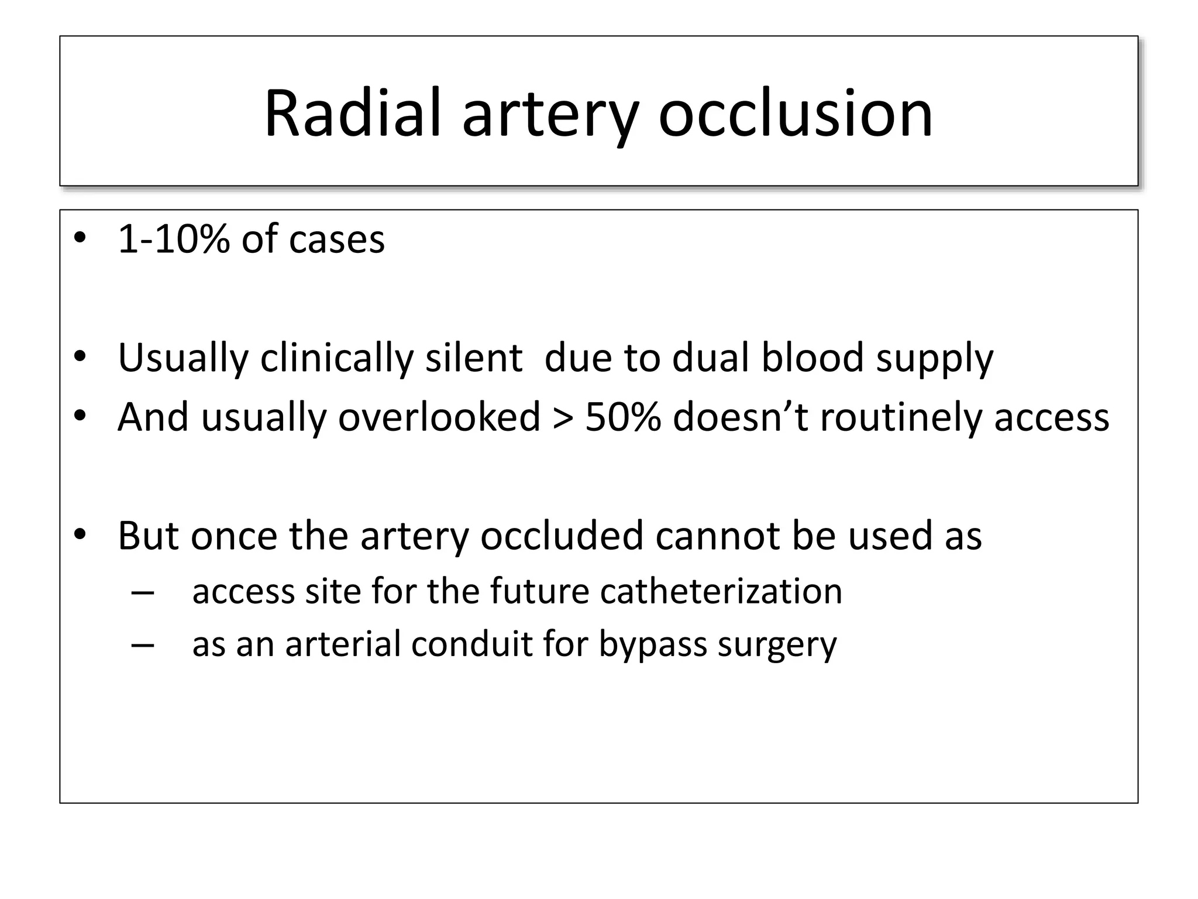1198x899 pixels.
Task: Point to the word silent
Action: (473, 358)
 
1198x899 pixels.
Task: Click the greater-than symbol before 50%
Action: (562, 418)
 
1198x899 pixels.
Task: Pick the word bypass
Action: (653, 646)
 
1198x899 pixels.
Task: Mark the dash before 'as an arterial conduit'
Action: (143, 644)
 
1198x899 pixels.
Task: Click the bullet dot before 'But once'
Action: (80, 535)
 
